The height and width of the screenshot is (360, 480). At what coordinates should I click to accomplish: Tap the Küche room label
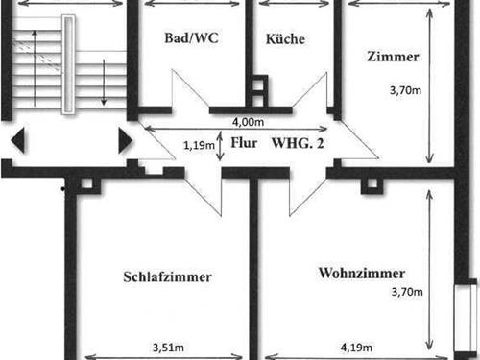[x=285, y=40]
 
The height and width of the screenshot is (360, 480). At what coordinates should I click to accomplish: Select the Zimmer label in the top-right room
[x=393, y=57]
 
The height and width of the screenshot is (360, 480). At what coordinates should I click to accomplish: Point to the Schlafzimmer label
[x=167, y=277]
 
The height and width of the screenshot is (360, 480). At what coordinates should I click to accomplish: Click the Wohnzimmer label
[x=361, y=274]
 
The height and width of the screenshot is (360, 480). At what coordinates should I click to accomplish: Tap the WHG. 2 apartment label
[x=299, y=143]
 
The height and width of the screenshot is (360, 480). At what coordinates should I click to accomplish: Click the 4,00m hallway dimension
[x=247, y=122]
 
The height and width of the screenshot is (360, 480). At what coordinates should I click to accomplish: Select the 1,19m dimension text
[x=199, y=146]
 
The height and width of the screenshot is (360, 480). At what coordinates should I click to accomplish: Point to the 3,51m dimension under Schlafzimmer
[x=168, y=348]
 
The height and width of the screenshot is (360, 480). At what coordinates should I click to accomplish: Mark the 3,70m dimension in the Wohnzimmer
[x=405, y=291]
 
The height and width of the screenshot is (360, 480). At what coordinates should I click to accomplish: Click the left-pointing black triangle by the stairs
[x=18, y=141]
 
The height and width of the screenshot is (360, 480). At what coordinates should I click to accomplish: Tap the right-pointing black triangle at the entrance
[x=124, y=141]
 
